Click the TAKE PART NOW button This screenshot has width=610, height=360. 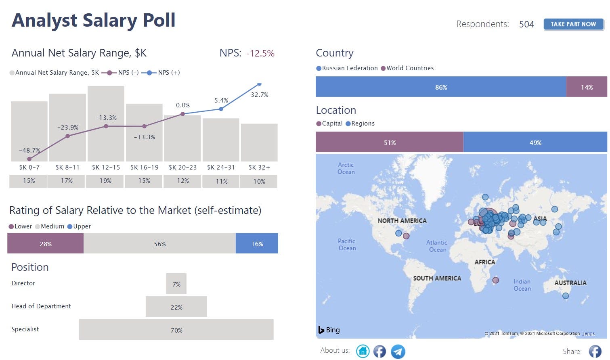pos(573,24)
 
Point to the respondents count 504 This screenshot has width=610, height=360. pos(526,25)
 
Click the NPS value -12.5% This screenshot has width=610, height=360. pos(260,53)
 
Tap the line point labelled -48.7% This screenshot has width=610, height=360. pos(29,159)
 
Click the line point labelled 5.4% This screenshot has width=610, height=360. pos(221,109)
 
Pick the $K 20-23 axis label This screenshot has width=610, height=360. pos(182,167)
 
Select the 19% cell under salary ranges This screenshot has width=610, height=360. pos(105,181)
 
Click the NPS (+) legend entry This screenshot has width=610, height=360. pos(161,73)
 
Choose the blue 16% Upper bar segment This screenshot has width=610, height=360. pos(257,244)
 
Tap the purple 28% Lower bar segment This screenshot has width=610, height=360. pos(45,244)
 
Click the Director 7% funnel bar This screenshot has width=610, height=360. pos(176,284)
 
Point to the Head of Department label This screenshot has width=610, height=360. pos(41,306)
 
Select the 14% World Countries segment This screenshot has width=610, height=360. pos(587,87)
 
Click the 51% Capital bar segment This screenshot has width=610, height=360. pos(390,142)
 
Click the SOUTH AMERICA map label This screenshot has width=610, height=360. pos(437,278)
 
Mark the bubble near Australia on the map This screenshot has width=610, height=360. pos(566,296)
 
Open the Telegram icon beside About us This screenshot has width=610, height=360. pos(398,351)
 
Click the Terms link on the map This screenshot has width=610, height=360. pos(588,334)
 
